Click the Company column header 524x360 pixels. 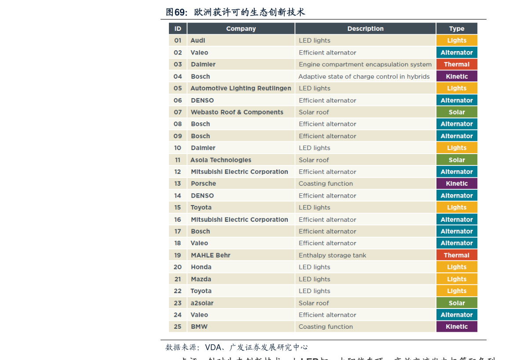[241, 29]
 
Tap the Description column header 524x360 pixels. [365, 29]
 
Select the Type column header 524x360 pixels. [457, 29]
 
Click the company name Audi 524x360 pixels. [198, 40]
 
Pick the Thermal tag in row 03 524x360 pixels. [457, 64]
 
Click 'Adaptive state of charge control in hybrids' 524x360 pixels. [364, 77]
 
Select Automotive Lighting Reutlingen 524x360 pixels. [241, 88]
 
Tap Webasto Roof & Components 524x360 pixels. [237, 112]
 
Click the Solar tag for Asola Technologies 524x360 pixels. [457, 160]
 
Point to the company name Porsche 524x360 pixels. [203, 184]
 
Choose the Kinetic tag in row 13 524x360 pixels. [457, 184]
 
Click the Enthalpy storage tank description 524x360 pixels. [332, 255]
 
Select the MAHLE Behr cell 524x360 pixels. [210, 255]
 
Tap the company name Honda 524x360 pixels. [201, 267]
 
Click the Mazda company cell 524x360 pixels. [201, 279]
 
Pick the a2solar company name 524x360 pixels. [202, 303]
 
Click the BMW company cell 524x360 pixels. [199, 327]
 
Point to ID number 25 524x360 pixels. [178, 327]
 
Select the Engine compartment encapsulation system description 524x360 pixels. [365, 64]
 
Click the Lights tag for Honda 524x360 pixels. [457, 267]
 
